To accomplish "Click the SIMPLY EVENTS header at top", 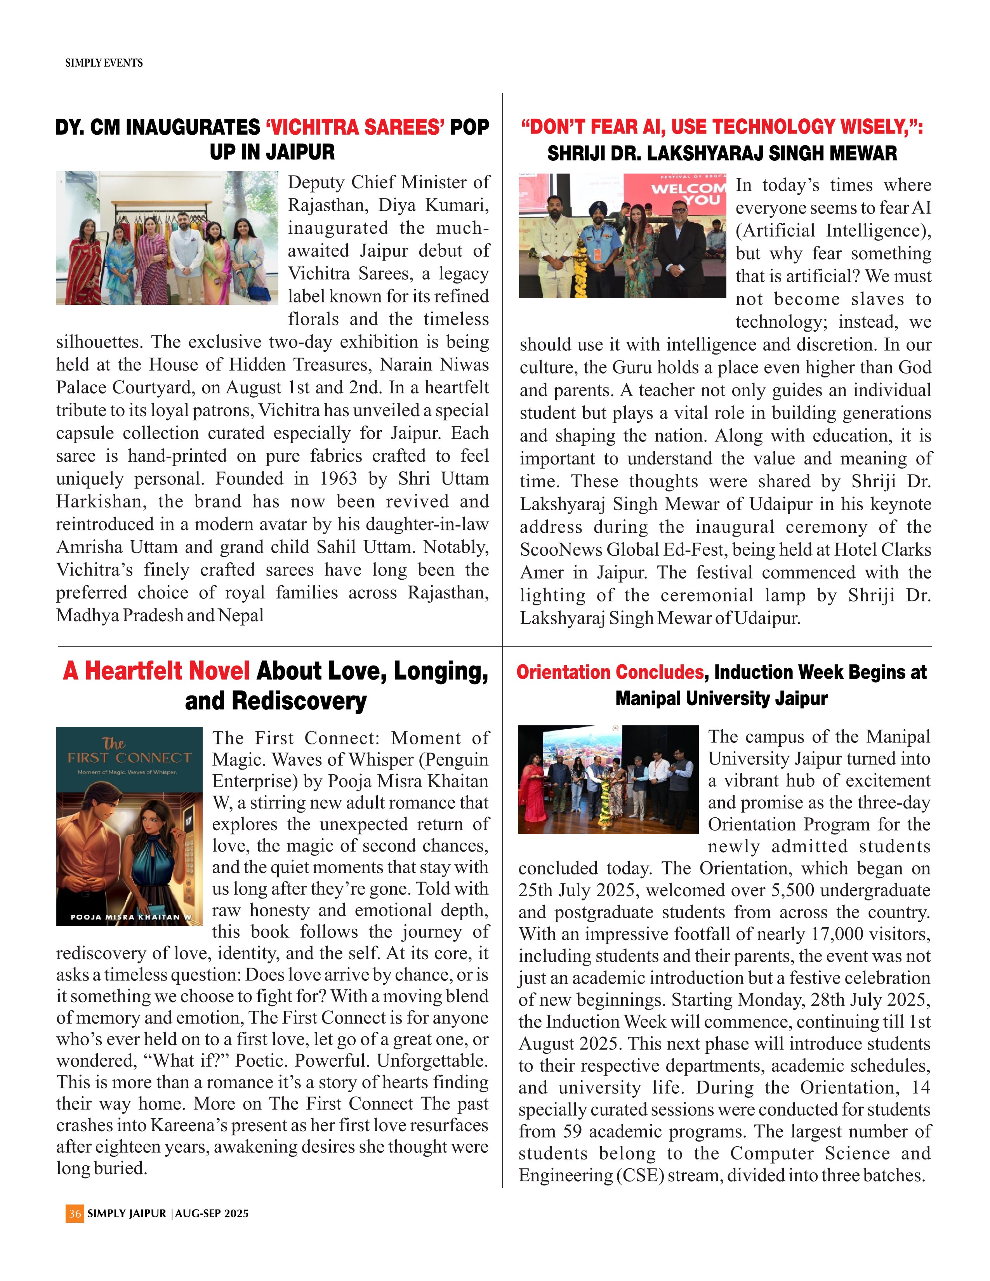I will [104, 63].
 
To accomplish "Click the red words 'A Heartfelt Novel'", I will [156, 671].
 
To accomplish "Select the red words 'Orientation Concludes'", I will [610, 672].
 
